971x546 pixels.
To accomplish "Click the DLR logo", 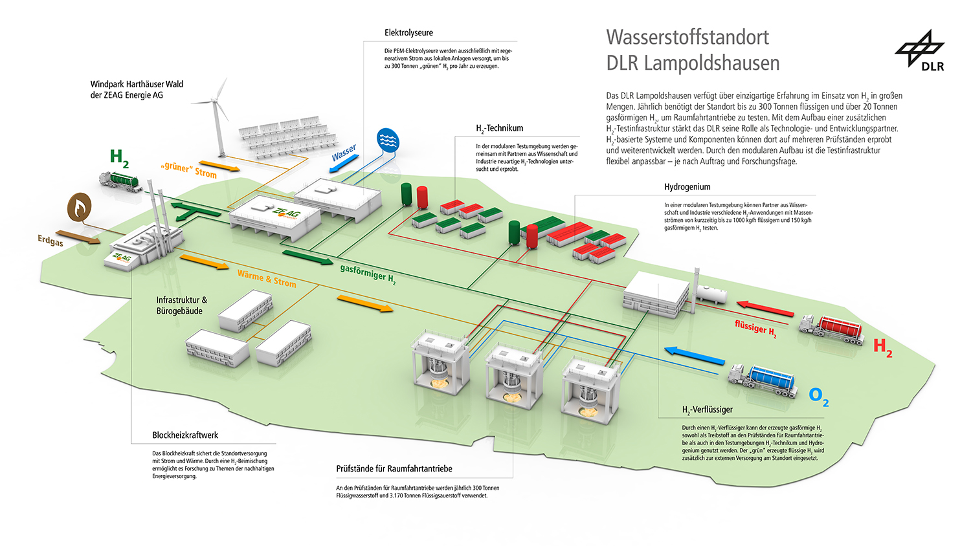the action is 919,50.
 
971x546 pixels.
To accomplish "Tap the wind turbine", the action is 218,117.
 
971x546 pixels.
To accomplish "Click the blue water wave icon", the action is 388,140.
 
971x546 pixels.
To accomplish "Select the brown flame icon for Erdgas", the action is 80,207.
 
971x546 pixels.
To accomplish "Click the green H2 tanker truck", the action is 120,182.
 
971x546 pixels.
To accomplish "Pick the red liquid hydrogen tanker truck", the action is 832,329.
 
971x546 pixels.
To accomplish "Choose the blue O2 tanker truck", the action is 763,380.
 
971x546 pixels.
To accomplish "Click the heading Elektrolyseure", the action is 408,32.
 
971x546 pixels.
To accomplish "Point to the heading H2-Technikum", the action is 499,128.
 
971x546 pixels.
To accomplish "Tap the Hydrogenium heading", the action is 687,187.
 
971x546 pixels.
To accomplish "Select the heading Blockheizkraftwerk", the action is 185,435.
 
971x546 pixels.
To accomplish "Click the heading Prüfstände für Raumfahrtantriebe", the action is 394,468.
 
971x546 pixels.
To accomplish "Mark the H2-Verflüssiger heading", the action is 708,410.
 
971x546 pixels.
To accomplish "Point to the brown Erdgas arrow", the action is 78,237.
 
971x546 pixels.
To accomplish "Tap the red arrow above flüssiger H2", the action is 766,308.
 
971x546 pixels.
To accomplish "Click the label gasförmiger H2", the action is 368,275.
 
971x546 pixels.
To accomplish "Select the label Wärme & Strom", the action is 267,279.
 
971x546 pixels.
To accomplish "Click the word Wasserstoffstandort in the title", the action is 687,38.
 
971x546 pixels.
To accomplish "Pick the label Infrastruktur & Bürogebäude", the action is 182,305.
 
